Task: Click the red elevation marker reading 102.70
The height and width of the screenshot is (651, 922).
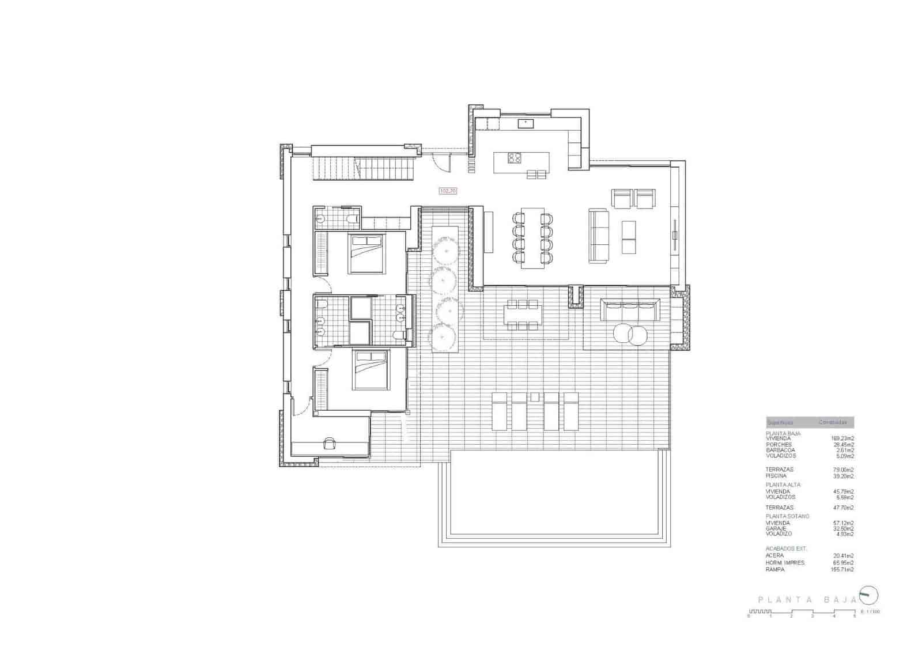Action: tap(448, 190)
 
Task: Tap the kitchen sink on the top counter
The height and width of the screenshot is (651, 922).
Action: tap(526, 123)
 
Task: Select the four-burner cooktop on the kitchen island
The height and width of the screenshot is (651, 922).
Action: tap(514, 157)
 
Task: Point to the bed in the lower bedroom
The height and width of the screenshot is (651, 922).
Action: tap(371, 370)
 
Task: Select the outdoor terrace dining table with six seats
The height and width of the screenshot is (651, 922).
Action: tap(522, 315)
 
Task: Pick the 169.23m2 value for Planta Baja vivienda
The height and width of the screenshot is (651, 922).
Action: tap(842, 438)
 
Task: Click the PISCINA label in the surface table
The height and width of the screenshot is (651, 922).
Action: tap(776, 476)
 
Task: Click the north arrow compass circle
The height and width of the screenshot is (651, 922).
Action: tap(868, 595)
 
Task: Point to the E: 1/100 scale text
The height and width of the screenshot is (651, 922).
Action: tap(870, 611)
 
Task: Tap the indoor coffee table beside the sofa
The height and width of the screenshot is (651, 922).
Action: tap(629, 237)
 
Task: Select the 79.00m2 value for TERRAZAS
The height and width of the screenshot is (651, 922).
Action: tap(843, 470)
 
